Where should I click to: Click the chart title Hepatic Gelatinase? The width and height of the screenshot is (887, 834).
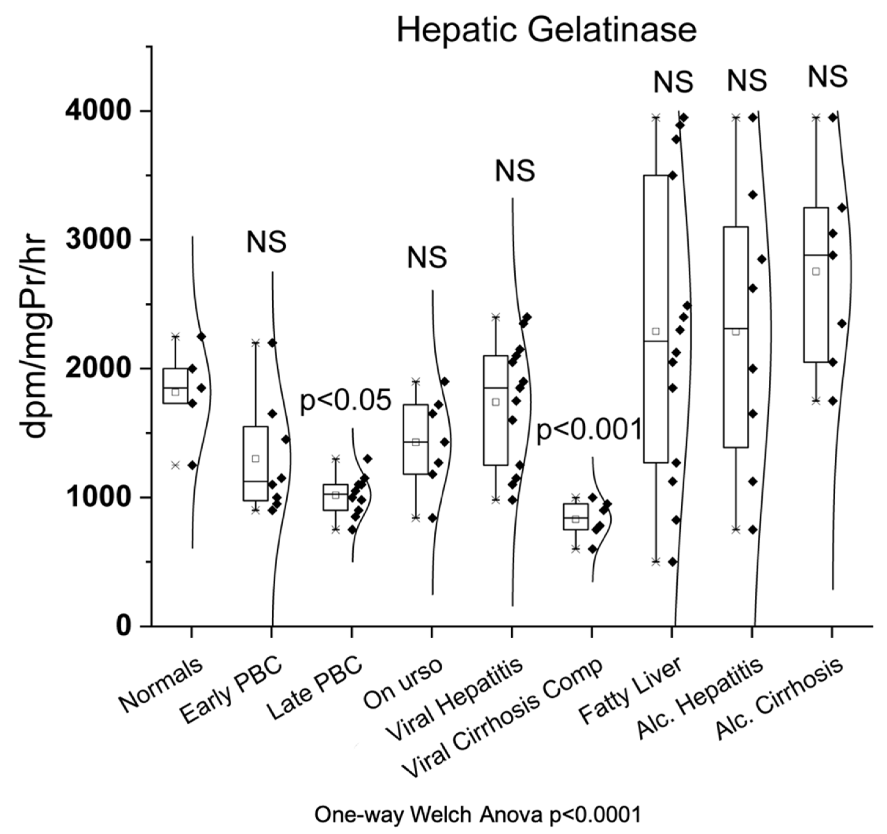pyautogui.click(x=547, y=30)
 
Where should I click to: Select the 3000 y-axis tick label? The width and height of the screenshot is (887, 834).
pyautogui.click(x=97, y=240)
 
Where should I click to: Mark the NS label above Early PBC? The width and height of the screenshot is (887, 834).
pyautogui.click(x=266, y=242)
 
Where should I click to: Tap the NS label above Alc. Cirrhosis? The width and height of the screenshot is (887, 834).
pyautogui.click(x=828, y=76)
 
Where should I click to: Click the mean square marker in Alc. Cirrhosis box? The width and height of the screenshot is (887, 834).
pyautogui.click(x=816, y=271)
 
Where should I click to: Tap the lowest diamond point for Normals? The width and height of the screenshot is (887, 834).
pyautogui.click(x=192, y=465)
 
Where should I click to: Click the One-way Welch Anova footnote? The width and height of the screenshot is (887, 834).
pyautogui.click(x=477, y=815)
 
